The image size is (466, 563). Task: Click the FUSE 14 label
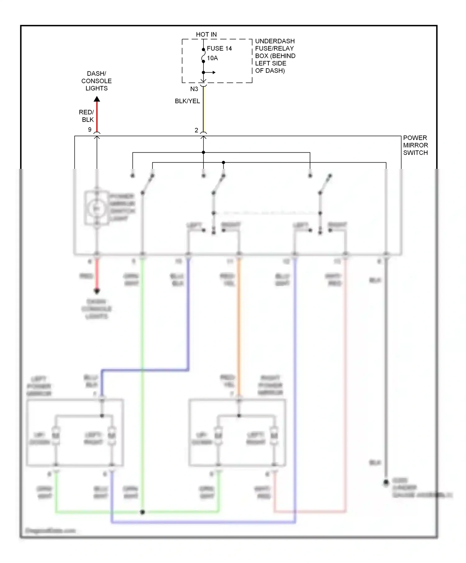(x=219, y=48)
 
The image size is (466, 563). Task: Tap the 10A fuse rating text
(x=212, y=58)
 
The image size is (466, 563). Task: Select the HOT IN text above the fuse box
(x=206, y=34)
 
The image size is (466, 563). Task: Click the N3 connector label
(x=194, y=89)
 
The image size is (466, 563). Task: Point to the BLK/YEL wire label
(x=187, y=101)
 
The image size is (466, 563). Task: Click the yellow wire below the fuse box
(x=203, y=109)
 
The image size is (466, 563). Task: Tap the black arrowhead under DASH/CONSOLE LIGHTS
(x=97, y=99)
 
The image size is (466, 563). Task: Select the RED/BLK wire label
(x=87, y=116)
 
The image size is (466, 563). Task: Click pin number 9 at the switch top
(x=90, y=130)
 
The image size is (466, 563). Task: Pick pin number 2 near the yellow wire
(x=196, y=130)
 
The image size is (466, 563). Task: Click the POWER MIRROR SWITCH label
(x=415, y=145)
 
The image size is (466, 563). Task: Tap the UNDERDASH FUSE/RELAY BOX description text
(x=275, y=56)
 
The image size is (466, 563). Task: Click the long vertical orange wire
(x=239, y=326)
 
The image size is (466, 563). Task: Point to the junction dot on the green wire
(x=142, y=512)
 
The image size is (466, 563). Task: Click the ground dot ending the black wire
(x=386, y=482)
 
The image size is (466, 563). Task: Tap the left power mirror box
(x=75, y=433)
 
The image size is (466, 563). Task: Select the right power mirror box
(x=237, y=433)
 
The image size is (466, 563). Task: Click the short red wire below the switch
(x=97, y=275)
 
